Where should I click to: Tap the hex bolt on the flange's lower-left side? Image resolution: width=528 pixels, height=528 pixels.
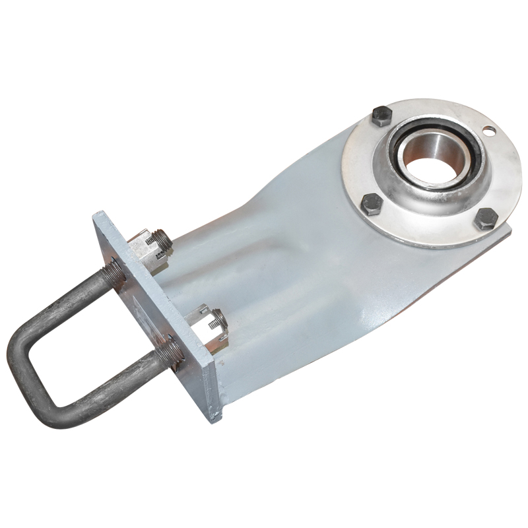click(371, 205)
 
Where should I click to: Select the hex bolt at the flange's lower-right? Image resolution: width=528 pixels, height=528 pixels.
click(486, 218)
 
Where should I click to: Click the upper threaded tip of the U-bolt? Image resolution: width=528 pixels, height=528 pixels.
click(162, 238)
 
